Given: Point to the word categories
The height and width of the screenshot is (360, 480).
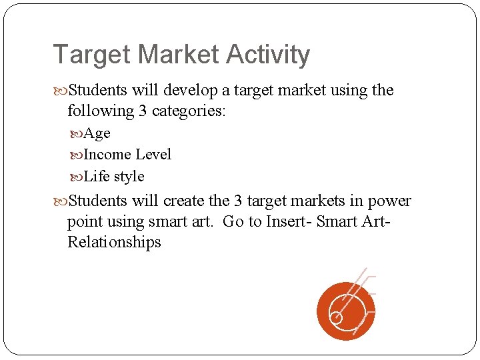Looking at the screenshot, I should tap(189, 111).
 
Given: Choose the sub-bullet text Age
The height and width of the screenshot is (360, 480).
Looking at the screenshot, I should tap(97, 133).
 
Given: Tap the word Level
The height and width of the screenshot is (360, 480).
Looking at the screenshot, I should tap(153, 155).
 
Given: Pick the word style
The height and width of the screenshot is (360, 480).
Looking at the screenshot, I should tap(129, 177).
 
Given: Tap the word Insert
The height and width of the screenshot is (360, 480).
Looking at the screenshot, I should tap(287, 222).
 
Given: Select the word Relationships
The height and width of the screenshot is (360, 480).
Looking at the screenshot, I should tap(114, 242).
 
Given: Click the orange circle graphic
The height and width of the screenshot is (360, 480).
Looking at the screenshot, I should tap(346, 311).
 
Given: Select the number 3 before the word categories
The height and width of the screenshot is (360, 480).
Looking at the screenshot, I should tap(143, 111).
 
